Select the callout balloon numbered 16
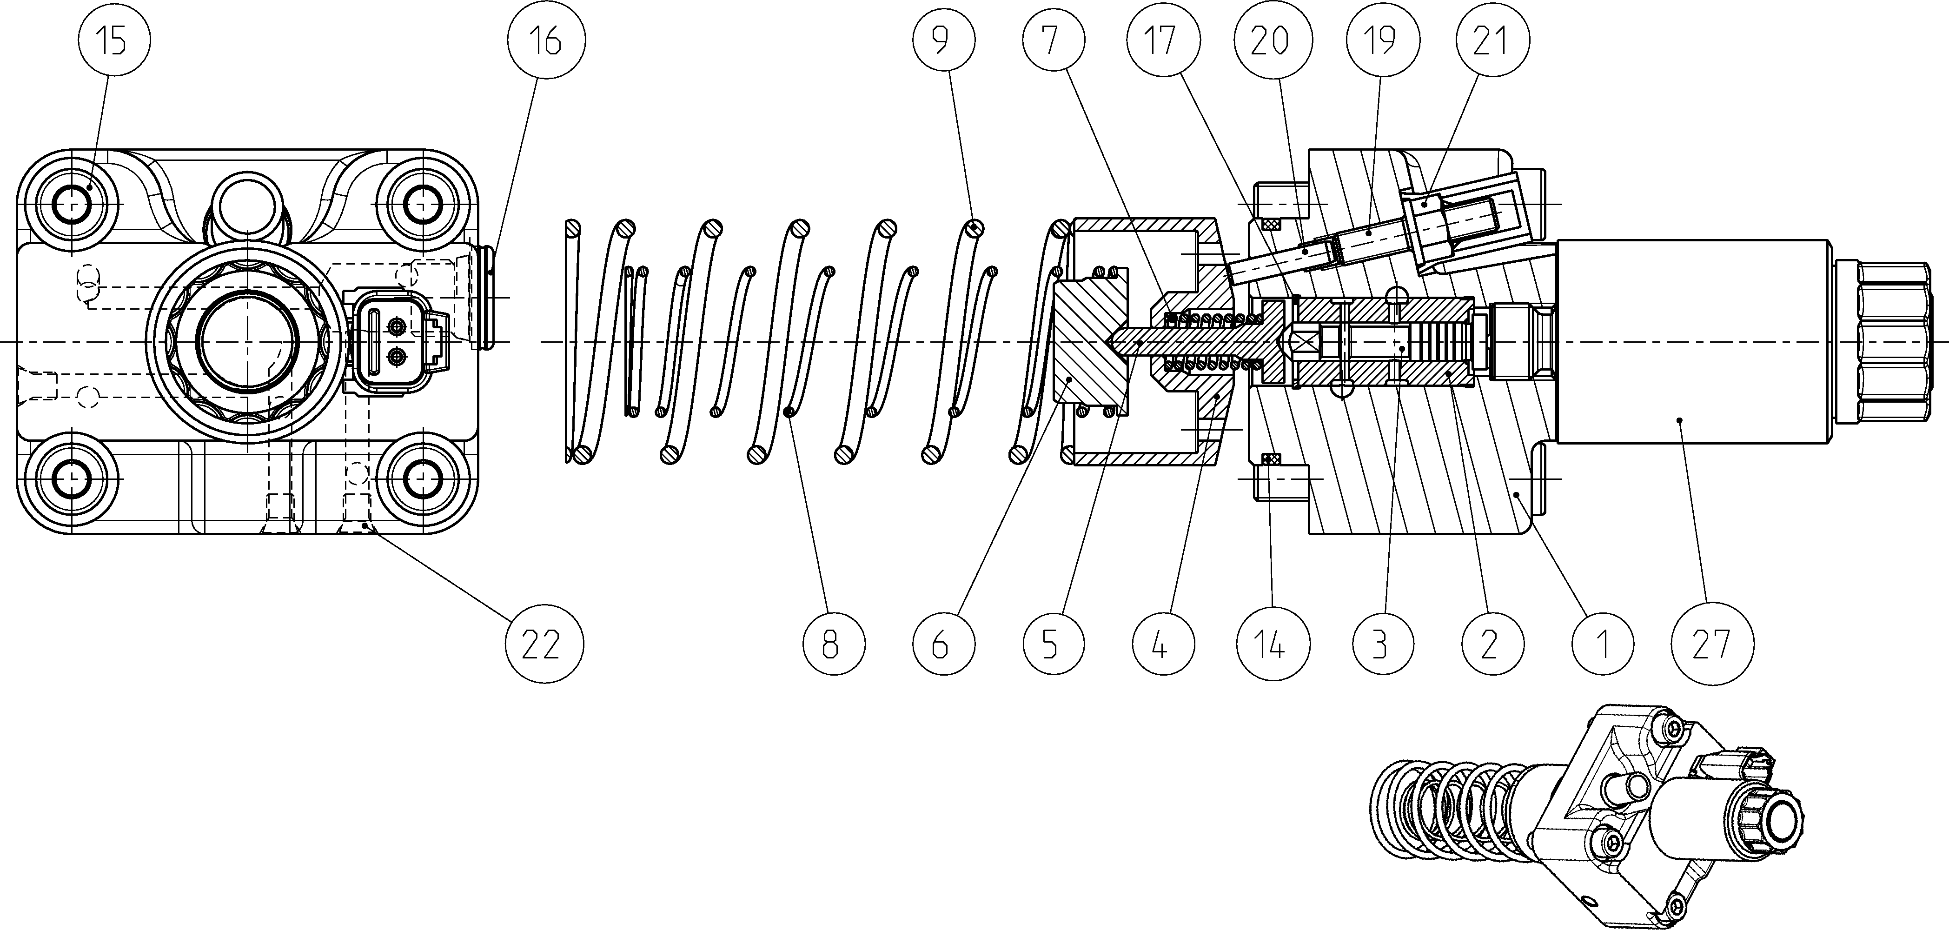[546, 40]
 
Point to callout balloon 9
[941, 40]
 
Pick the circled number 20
[1270, 40]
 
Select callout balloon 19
[1381, 40]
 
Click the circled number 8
[831, 644]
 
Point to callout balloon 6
[941, 644]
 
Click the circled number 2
[1491, 644]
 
